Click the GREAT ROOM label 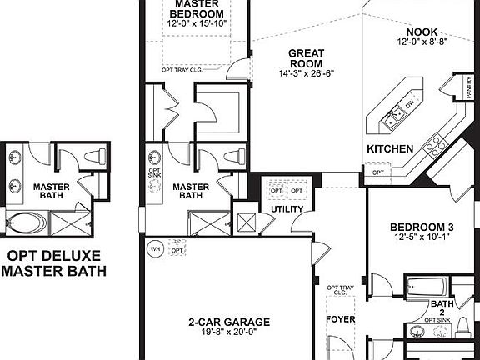(306, 58)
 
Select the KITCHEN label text (390, 148)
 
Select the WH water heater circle (153, 247)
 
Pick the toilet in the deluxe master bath (97, 156)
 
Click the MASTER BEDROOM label (198, 8)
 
